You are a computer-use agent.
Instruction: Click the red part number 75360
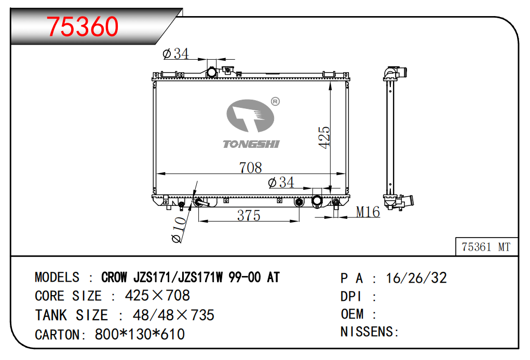[x=83, y=26]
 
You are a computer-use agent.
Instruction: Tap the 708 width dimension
[x=251, y=168]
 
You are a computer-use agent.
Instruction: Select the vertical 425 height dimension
[x=324, y=137]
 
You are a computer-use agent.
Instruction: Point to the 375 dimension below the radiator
[x=249, y=215]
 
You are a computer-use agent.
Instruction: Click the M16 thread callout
[x=368, y=212]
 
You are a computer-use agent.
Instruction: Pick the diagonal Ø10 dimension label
[x=179, y=230]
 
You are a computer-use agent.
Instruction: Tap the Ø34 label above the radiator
[x=176, y=54]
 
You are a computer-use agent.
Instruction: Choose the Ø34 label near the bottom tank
[x=281, y=183]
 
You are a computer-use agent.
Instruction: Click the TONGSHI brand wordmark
[x=251, y=144]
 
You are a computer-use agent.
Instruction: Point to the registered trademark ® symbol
[x=276, y=101]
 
